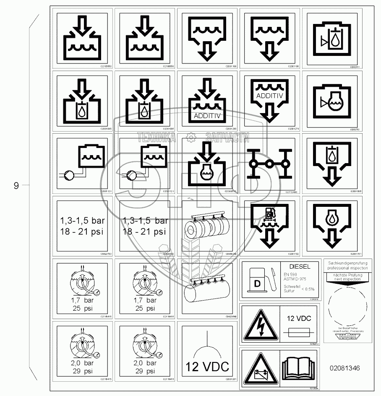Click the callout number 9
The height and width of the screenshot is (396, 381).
tap(16, 185)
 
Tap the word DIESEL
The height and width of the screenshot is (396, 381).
tap(300, 267)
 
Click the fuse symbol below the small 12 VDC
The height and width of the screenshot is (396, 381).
tap(299, 333)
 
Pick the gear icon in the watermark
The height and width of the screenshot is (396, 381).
tap(190, 137)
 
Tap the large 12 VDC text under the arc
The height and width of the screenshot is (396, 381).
tap(207, 367)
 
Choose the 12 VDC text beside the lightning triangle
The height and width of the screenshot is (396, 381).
tap(299, 318)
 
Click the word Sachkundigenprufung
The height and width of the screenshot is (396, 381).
tap(347, 262)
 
